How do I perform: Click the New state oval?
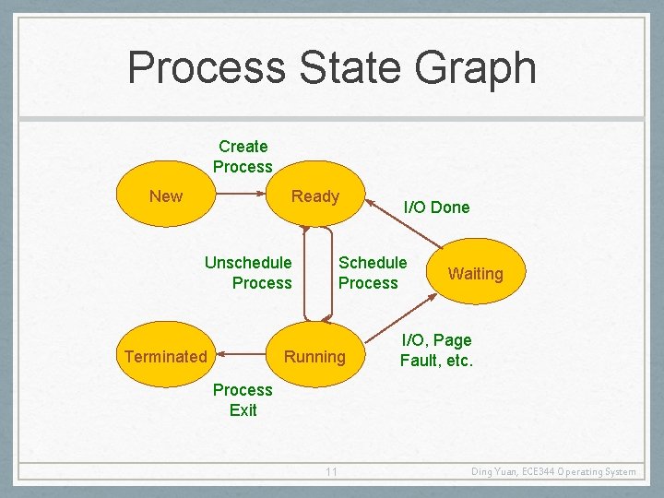(x=166, y=196)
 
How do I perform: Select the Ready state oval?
(x=314, y=196)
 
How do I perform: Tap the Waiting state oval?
(x=475, y=274)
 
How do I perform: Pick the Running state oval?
(x=314, y=356)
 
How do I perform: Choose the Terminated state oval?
(x=166, y=356)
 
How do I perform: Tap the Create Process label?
(x=243, y=157)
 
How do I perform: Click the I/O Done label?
(x=436, y=207)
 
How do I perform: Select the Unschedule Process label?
(x=248, y=273)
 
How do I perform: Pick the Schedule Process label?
(x=372, y=273)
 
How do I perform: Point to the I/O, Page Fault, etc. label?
(x=436, y=350)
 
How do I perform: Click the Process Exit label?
(x=243, y=399)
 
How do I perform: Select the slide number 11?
(x=331, y=472)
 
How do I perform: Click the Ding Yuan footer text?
(x=552, y=472)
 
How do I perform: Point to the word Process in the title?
(x=207, y=68)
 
